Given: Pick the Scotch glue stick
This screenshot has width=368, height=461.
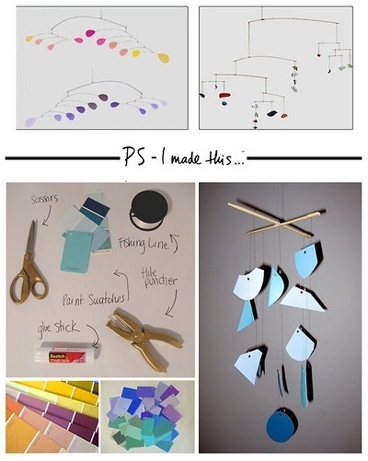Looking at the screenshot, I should tap(59, 355).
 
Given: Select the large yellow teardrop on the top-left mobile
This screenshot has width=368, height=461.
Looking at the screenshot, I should tap(163, 58).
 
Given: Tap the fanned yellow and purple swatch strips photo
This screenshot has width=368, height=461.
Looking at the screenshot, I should tap(51, 416).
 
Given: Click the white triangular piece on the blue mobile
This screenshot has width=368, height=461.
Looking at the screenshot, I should tap(302, 296).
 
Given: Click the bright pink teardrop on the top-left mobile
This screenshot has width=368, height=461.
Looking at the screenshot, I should tap(91, 34).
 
